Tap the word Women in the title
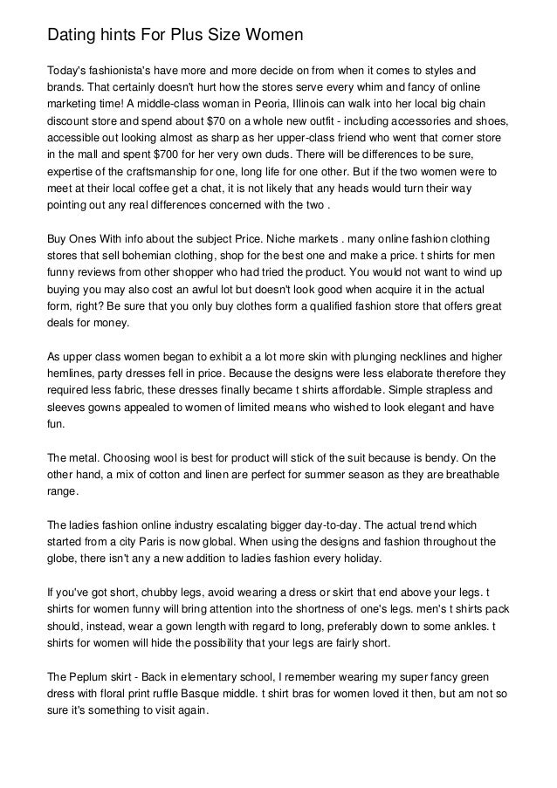pos(272,36)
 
